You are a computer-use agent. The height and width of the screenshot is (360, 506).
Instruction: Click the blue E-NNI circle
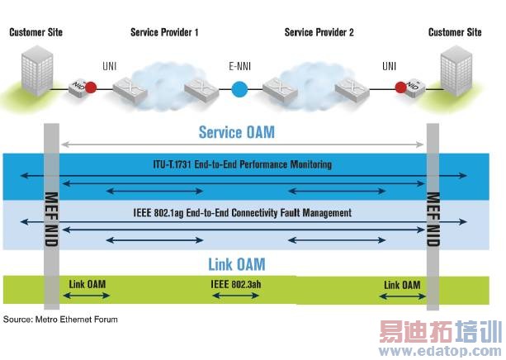(240, 88)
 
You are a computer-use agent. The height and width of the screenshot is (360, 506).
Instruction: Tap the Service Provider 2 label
(319, 33)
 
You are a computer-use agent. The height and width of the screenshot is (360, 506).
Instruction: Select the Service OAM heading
(237, 132)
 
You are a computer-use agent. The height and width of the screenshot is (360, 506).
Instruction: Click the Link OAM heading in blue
(236, 264)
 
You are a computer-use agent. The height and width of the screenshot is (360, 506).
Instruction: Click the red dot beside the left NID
(91, 88)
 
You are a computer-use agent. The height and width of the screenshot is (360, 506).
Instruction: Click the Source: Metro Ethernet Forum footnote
(60, 319)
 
